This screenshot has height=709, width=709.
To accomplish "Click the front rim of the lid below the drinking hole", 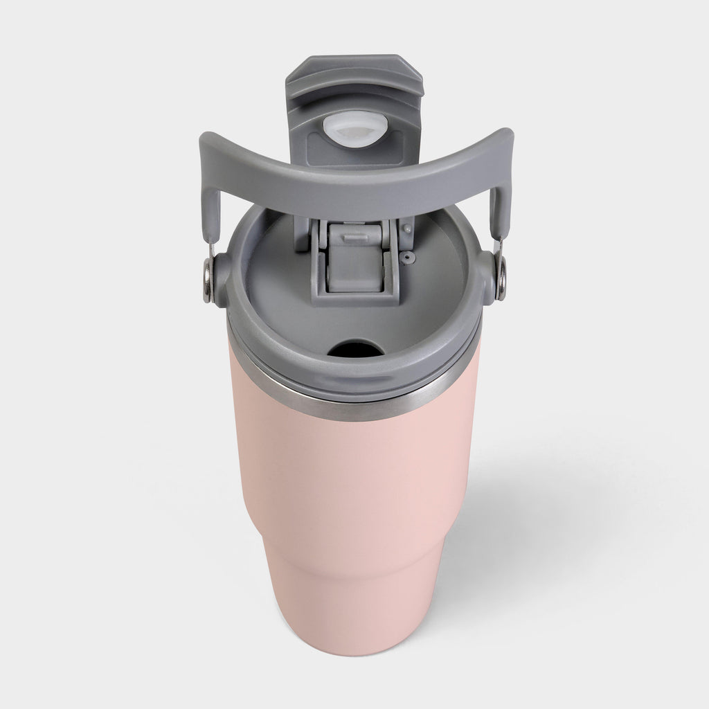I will tap(354, 377).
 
